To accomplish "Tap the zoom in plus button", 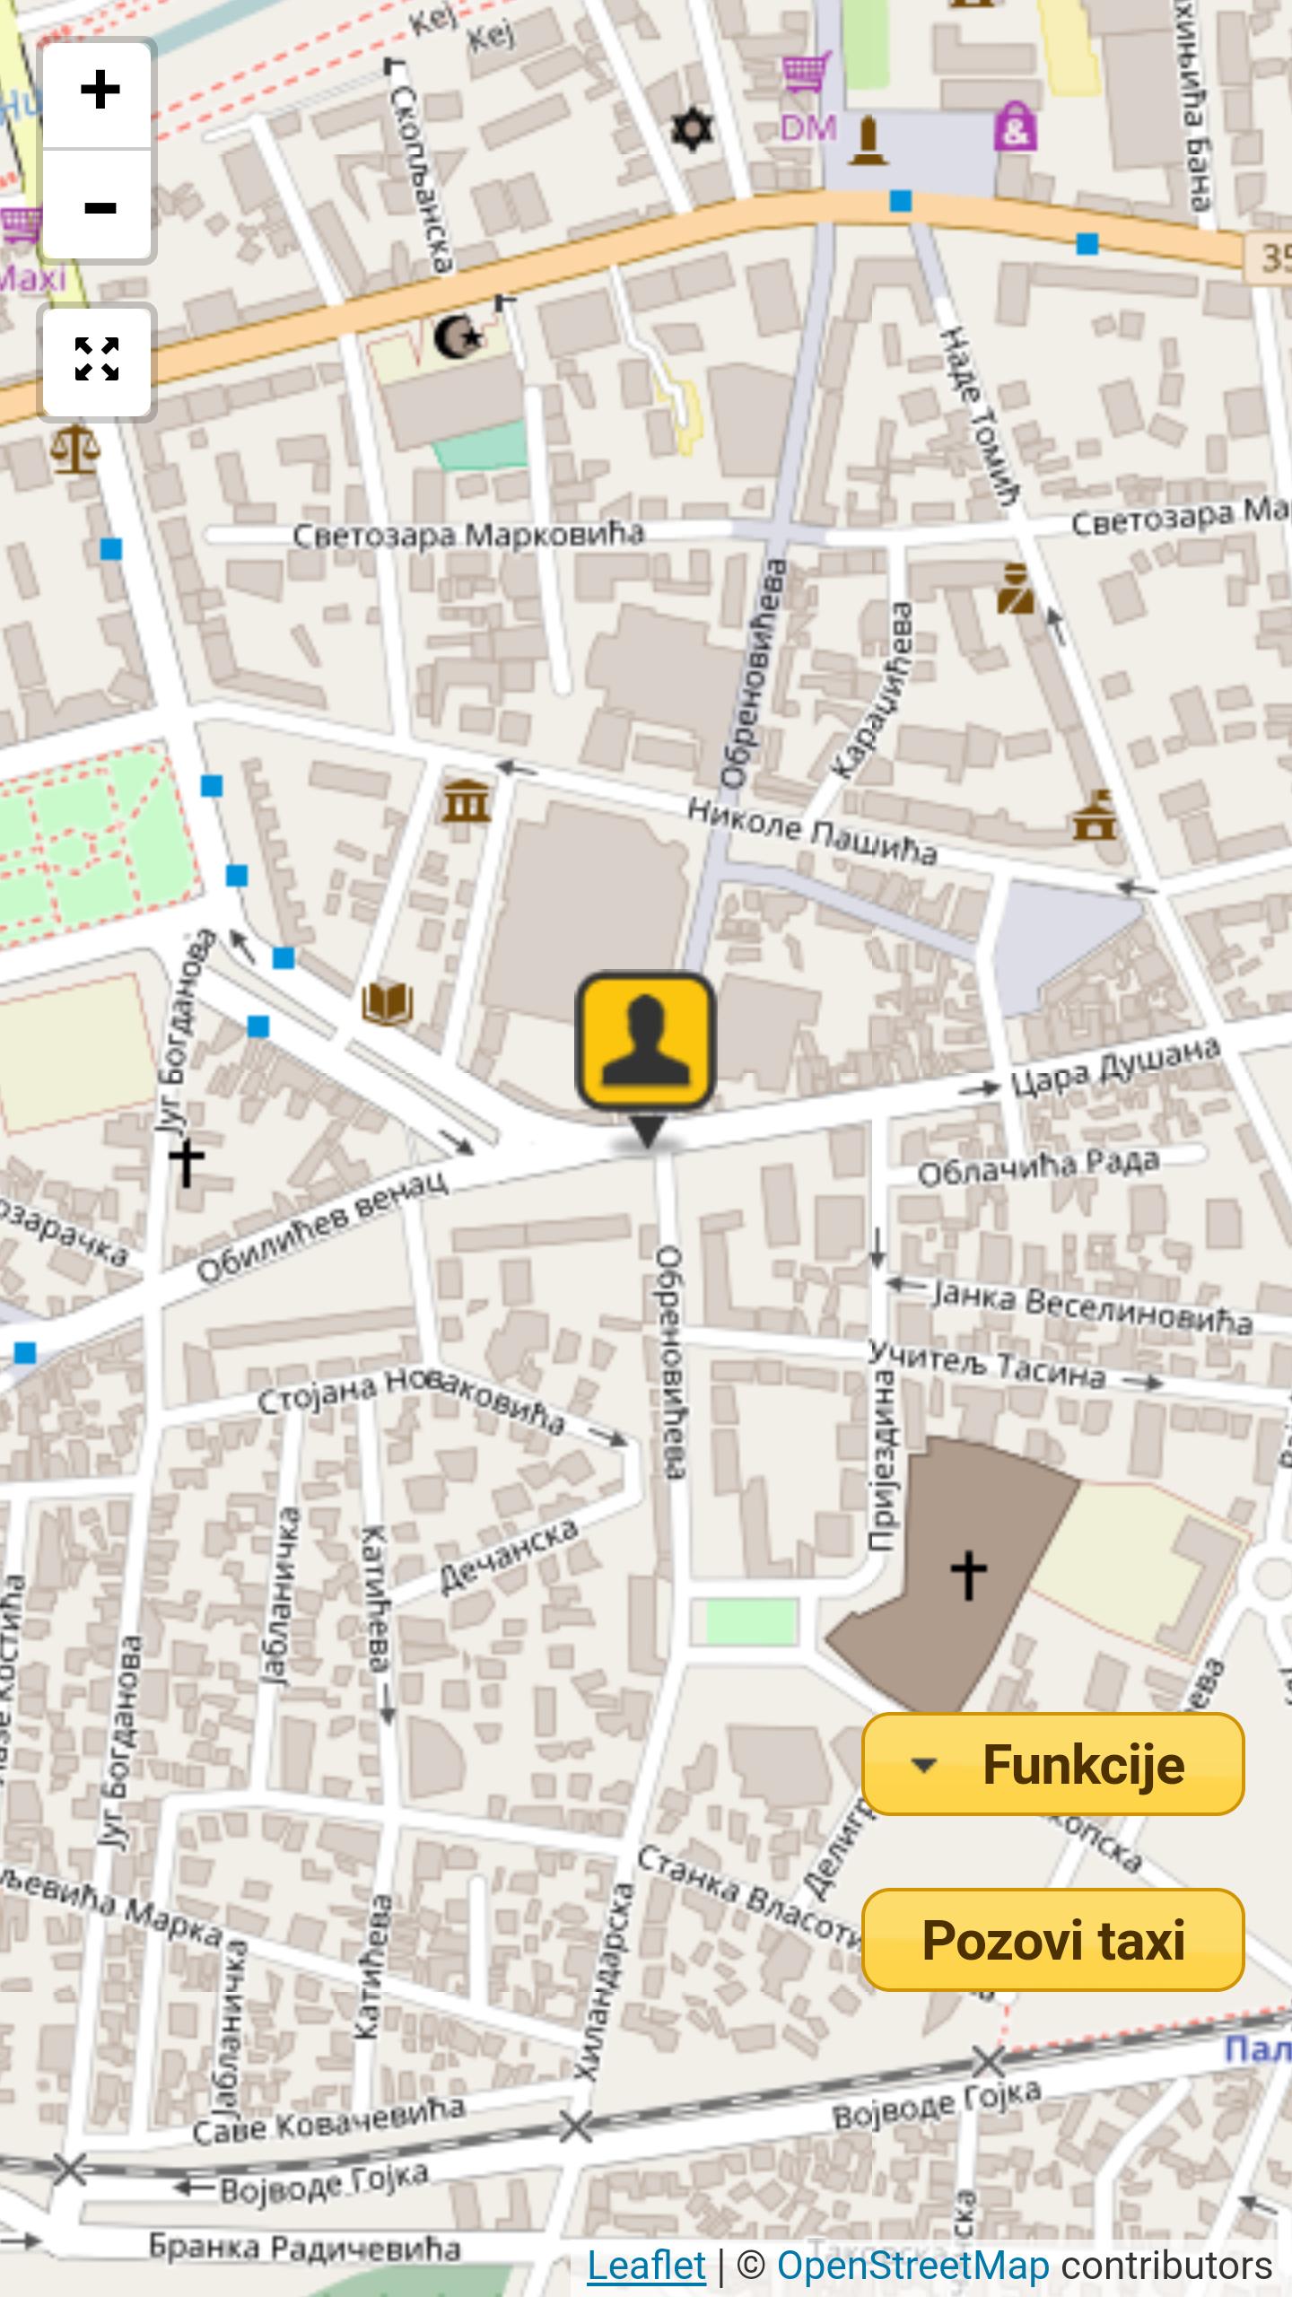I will click(x=98, y=91).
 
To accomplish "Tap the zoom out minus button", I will click(x=98, y=207).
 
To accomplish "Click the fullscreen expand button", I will click(x=97, y=360).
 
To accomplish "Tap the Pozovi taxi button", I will click(x=1052, y=1941).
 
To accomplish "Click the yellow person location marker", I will click(x=645, y=1042).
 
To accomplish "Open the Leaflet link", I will click(x=646, y=2265).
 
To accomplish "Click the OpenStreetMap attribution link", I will click(x=912, y=2265).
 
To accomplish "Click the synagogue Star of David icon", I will click(x=692, y=129).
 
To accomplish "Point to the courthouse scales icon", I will click(x=75, y=449).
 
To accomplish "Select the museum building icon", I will click(x=466, y=801).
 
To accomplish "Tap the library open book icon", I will click(x=388, y=1002).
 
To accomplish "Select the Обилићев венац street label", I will click(x=322, y=1226).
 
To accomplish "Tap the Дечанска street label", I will click(x=508, y=1557).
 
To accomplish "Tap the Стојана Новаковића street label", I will click(x=411, y=1398).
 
